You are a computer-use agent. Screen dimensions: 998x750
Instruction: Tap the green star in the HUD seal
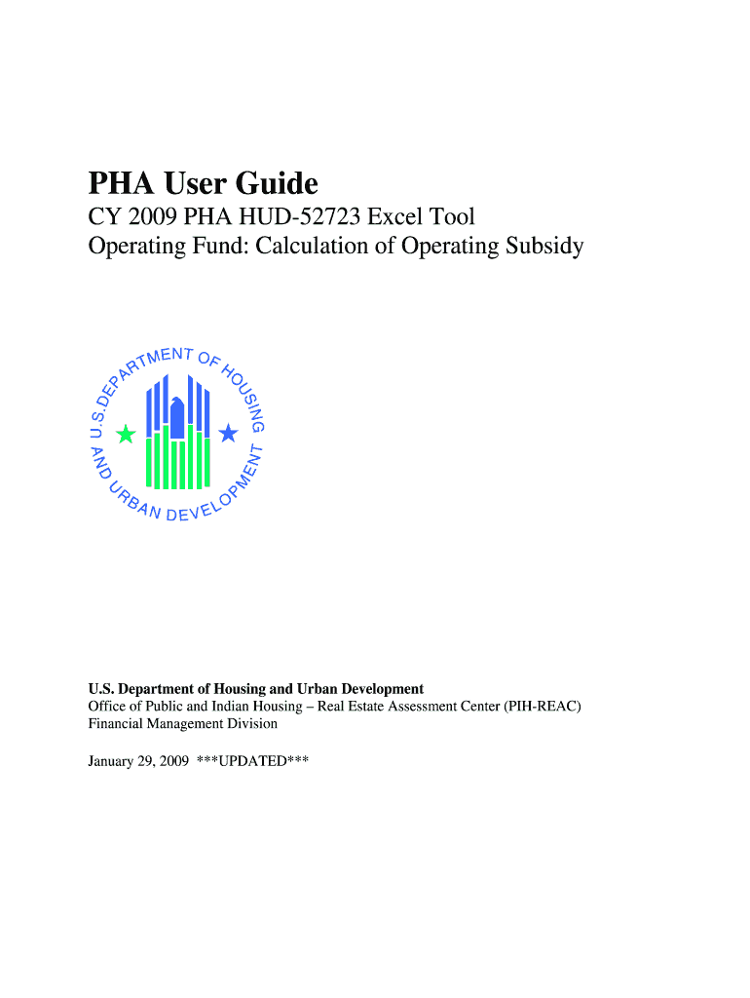pyautogui.click(x=126, y=435)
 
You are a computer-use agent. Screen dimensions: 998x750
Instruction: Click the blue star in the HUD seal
pyautogui.click(x=227, y=432)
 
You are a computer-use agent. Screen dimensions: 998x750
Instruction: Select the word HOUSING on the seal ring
pyautogui.click(x=244, y=395)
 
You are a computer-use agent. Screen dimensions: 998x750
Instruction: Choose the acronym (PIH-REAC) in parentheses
pyautogui.click(x=543, y=706)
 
